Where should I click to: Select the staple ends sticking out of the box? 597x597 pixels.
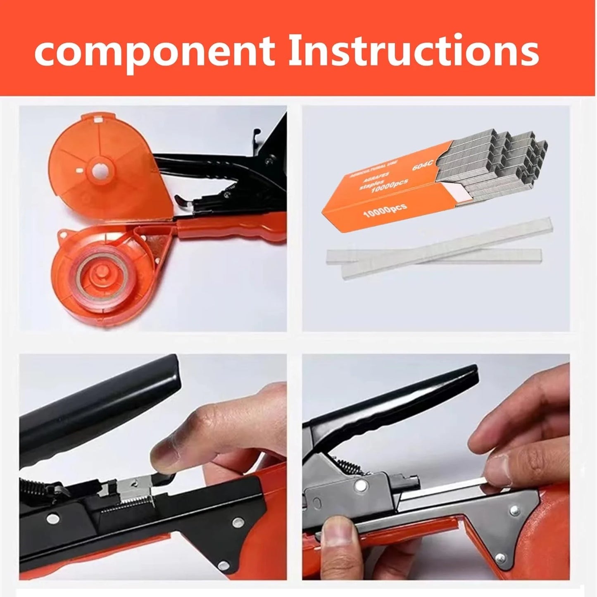500,157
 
